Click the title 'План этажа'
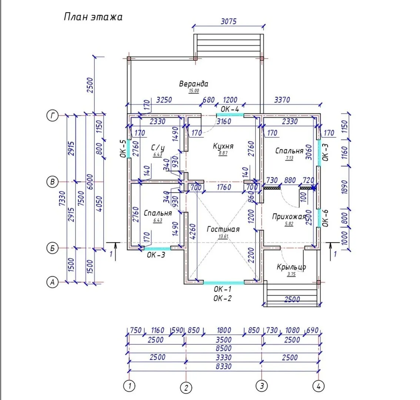(93, 17)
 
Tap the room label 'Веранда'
(194, 84)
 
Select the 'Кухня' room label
(223, 146)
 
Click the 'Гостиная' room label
(223, 229)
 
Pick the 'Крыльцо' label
(291, 267)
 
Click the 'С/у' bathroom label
(158, 148)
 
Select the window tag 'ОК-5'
(123, 149)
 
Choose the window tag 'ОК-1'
(223, 289)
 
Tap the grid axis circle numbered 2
(186, 388)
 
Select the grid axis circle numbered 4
(318, 386)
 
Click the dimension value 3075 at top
(229, 21)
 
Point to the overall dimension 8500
(224, 348)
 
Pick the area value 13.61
(223, 237)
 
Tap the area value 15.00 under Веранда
(194, 90)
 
